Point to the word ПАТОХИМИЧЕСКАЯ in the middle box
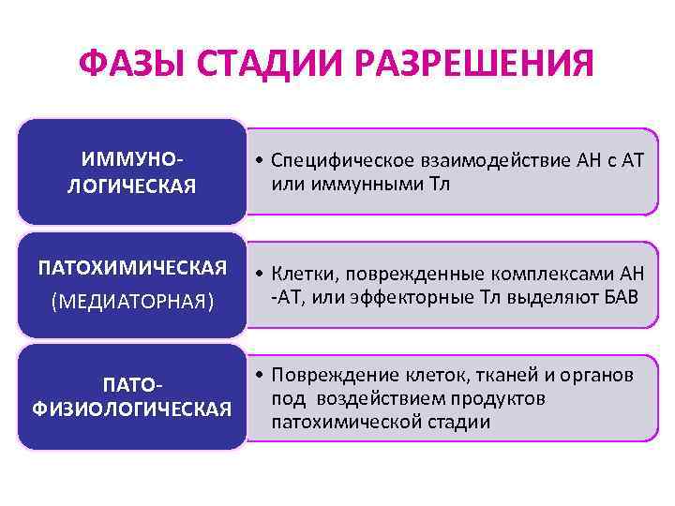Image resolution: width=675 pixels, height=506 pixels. click(x=132, y=269)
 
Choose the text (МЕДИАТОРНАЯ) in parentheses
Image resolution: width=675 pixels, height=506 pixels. click(x=132, y=302)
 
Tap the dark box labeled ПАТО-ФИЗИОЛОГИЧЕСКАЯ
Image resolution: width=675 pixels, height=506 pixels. click(x=131, y=398)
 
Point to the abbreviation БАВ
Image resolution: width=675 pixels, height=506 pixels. click(x=621, y=296)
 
